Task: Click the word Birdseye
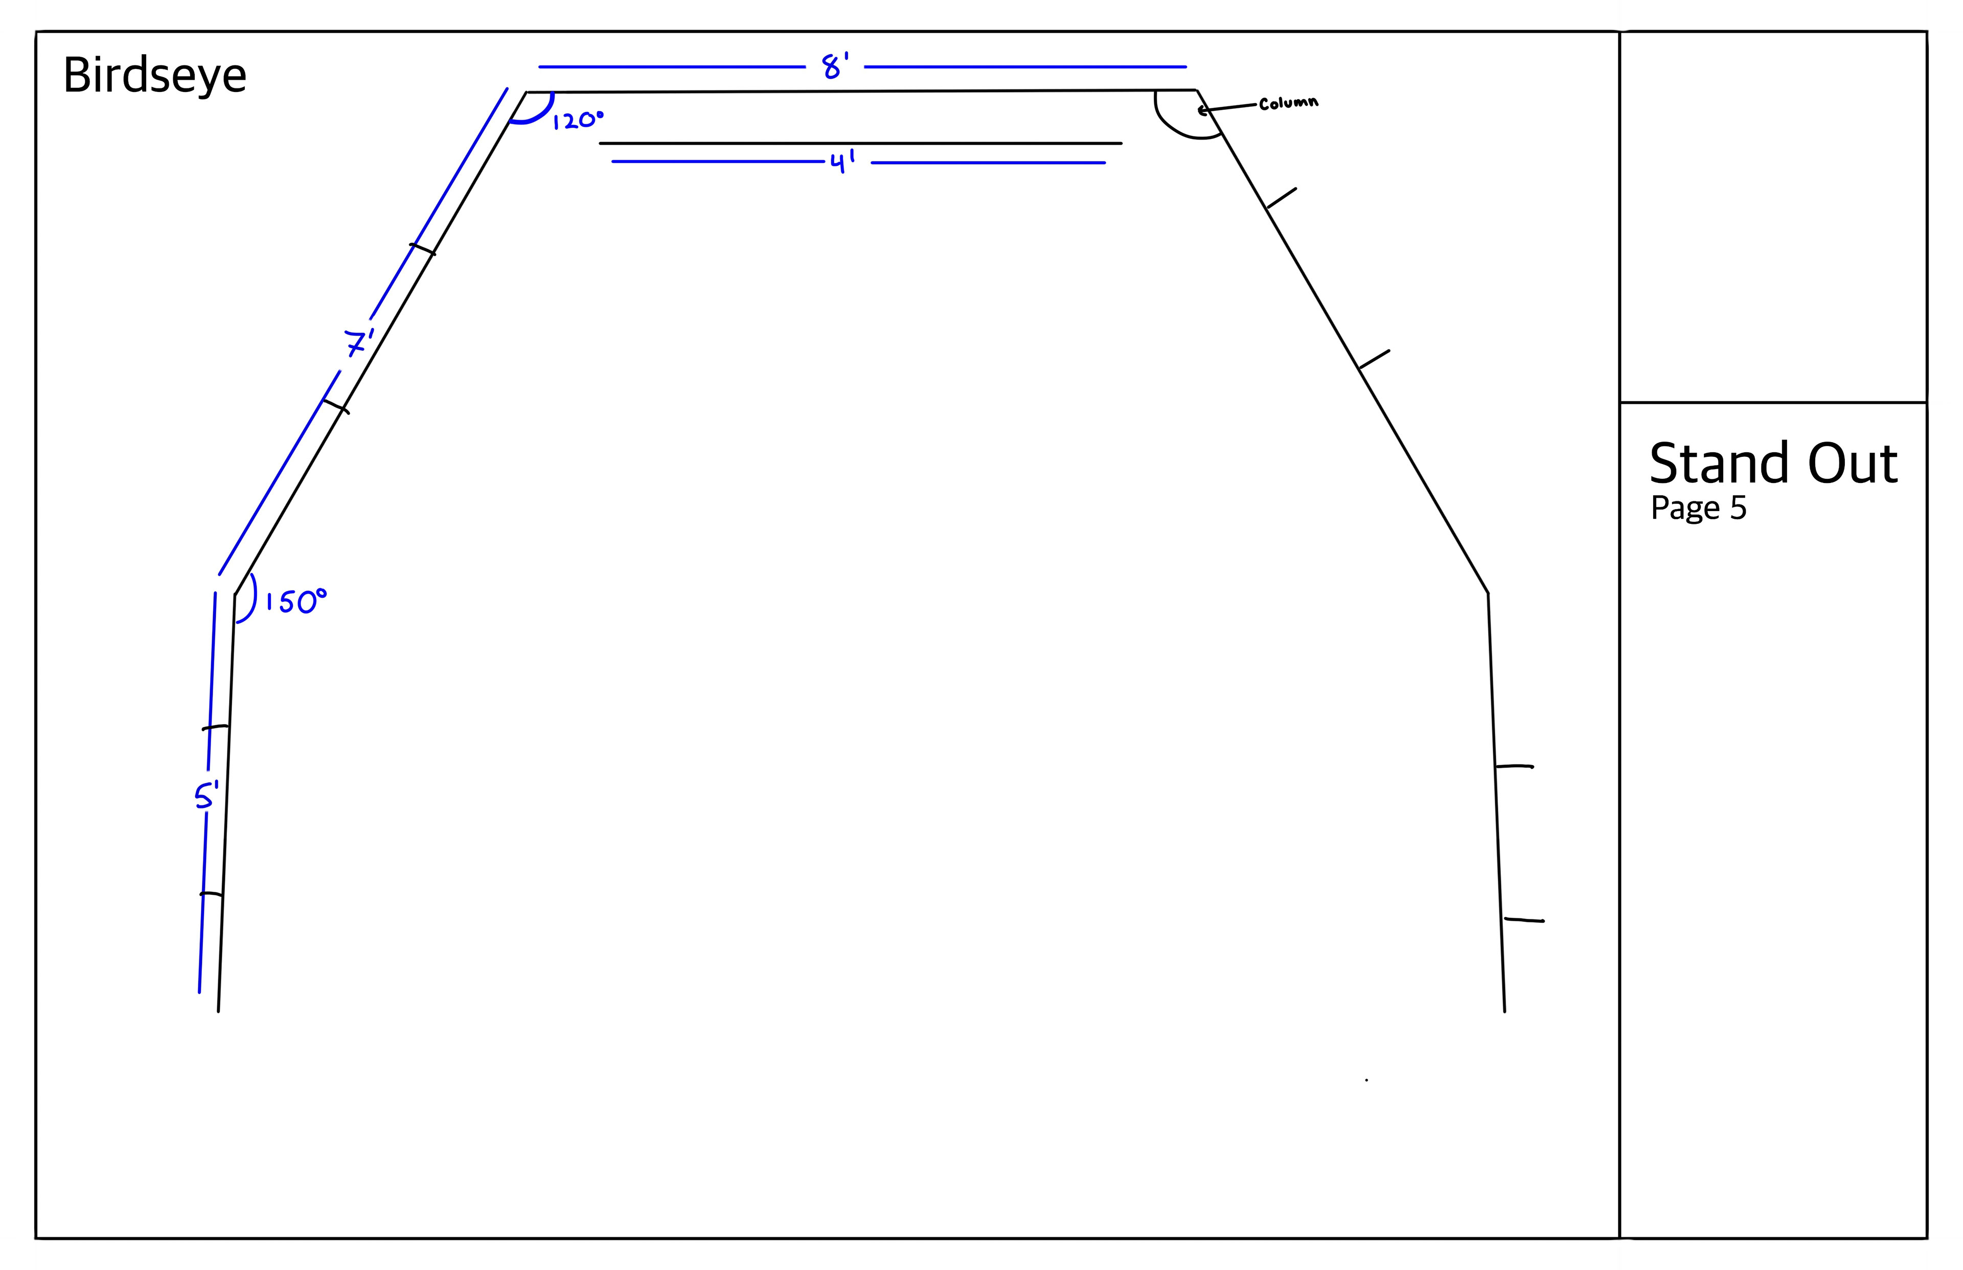pyautogui.click(x=154, y=76)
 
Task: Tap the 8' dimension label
pyautogui.click(x=835, y=66)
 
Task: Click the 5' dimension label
pyautogui.click(x=206, y=797)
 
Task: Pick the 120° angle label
pyautogui.click(x=577, y=121)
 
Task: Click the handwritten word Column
pyautogui.click(x=1288, y=103)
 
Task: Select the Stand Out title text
pyautogui.click(x=1773, y=464)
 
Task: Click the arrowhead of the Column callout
pyautogui.click(x=1202, y=110)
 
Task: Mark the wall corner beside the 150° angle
pyautogui.click(x=235, y=594)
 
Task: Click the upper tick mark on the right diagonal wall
pyautogui.click(x=1281, y=199)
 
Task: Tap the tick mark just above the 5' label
pyautogui.click(x=215, y=727)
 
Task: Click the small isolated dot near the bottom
pyautogui.click(x=1366, y=1079)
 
